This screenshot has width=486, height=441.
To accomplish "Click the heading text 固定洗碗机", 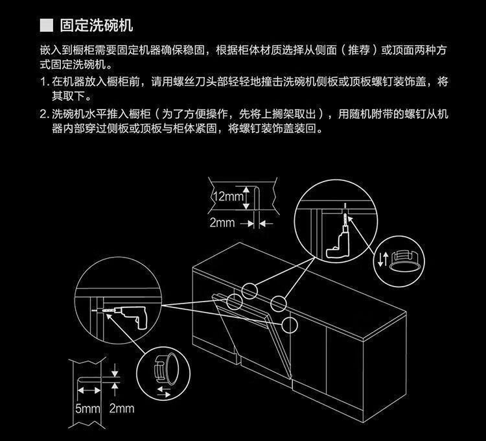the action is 97,27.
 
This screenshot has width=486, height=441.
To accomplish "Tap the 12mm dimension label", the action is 227,196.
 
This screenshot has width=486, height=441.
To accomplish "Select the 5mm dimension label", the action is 88,409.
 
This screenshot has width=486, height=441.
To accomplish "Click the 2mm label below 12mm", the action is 222,222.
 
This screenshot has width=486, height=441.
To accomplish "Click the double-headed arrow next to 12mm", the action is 247,196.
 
